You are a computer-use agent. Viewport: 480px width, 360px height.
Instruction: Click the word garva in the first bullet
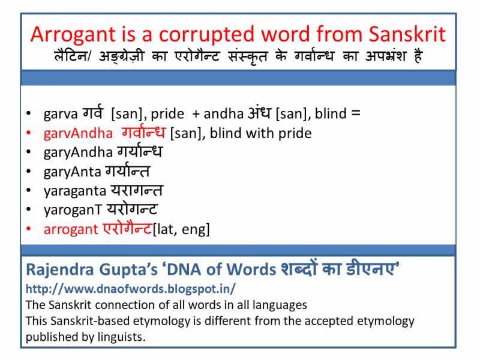coord(58,113)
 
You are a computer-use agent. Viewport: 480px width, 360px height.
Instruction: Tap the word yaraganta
coord(74,191)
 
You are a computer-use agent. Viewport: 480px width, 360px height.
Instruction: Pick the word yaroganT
coord(71,210)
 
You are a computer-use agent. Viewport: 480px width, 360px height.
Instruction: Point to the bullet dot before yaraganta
coord(29,191)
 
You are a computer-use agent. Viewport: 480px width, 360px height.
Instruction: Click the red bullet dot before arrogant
coord(29,229)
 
